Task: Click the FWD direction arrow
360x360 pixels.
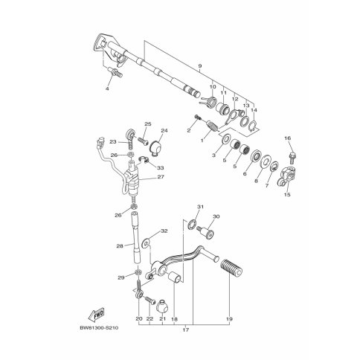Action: click(96, 315)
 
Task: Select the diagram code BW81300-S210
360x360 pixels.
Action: click(99, 328)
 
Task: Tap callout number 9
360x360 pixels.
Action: click(200, 66)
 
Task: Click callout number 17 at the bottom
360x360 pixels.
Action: click(186, 330)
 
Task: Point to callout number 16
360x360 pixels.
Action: click(288, 138)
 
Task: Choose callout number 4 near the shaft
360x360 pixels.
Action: click(107, 89)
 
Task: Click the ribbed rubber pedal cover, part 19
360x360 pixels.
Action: click(231, 268)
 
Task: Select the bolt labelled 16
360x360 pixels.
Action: click(292, 157)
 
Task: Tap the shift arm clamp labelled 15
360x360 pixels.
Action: click(288, 177)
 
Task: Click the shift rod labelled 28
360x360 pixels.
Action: click(136, 237)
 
